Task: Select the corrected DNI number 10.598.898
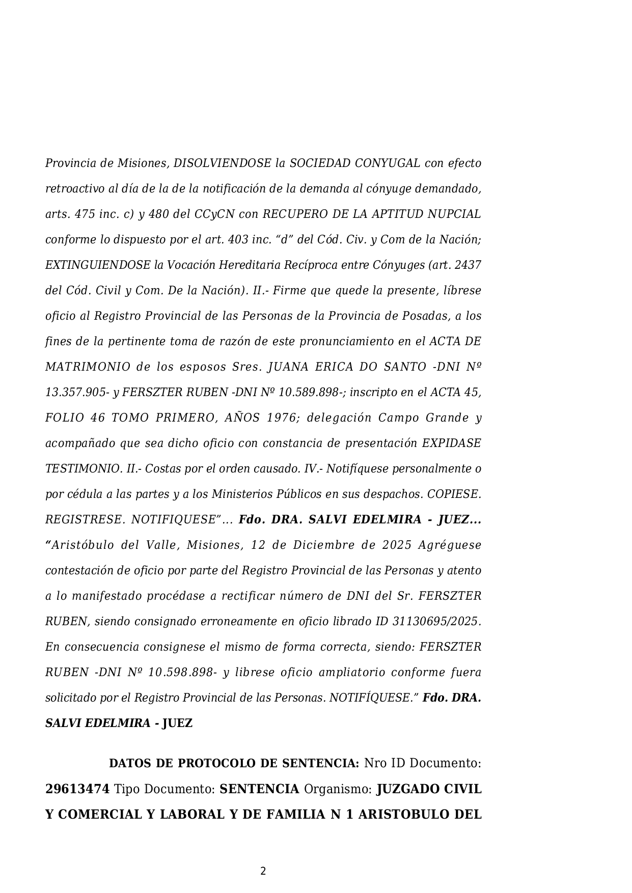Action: [180, 673]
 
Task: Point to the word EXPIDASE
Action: [451, 443]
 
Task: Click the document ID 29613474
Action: [77, 789]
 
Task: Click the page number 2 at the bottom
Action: [263, 871]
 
